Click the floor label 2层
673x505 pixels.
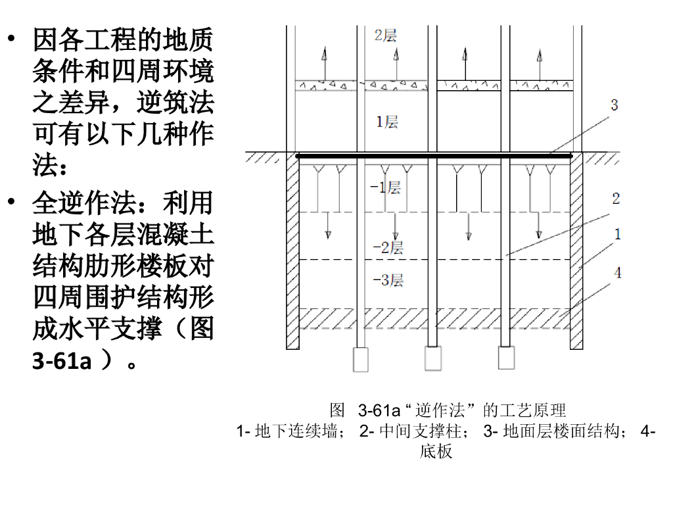pyautogui.click(x=386, y=35)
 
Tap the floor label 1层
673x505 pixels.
pyautogui.click(x=387, y=122)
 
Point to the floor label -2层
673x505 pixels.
pyautogui.click(x=388, y=248)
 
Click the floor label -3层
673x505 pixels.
pyautogui.click(x=388, y=281)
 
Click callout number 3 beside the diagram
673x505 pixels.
pyautogui.click(x=615, y=105)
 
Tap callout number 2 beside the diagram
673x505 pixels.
pyautogui.click(x=616, y=198)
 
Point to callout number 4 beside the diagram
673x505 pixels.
pyautogui.click(x=618, y=272)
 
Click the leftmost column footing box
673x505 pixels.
pyautogui.click(x=361, y=358)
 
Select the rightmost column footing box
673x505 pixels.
pyautogui.click(x=505, y=358)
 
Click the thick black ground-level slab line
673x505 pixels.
pyautogui.click(x=434, y=156)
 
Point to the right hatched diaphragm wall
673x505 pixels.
pyautogui.click(x=576, y=250)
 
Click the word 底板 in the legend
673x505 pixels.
pyautogui.click(x=436, y=452)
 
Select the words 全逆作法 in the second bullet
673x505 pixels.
pyautogui.click(x=83, y=203)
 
